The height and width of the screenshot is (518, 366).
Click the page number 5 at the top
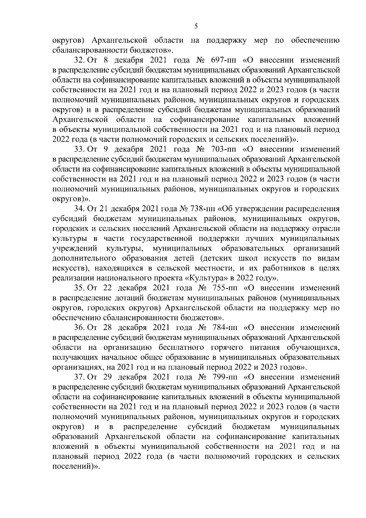click(196, 27)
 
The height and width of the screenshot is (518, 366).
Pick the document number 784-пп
click(225, 328)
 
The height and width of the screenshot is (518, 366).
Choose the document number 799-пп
click(225, 377)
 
